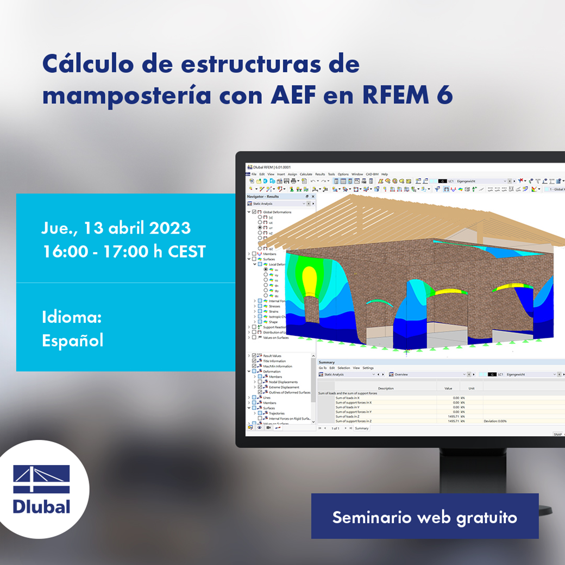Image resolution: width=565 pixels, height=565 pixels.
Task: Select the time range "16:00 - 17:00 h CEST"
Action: click(x=124, y=252)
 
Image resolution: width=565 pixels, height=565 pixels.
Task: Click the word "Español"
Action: click(x=72, y=340)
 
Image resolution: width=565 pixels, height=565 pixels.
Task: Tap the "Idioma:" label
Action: click(x=71, y=317)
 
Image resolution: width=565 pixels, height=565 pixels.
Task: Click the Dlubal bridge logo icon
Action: click(x=42, y=479)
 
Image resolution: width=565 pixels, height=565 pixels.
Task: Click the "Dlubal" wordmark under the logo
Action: click(x=42, y=507)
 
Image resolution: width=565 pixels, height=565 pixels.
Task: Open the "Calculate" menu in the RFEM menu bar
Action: click(x=306, y=174)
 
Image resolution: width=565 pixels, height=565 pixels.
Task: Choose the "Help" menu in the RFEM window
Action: click(x=385, y=174)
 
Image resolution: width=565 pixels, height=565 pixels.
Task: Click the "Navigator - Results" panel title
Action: click(x=263, y=196)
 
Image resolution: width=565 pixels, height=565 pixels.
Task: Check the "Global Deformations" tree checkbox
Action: click(x=254, y=212)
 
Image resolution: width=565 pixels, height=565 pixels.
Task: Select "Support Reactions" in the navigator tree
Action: click(x=275, y=327)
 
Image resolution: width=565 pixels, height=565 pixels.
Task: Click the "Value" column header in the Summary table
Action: click(x=448, y=388)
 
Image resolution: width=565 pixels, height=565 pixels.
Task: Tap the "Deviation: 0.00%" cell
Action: click(x=495, y=421)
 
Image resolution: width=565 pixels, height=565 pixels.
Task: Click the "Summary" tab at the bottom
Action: click(x=362, y=428)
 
